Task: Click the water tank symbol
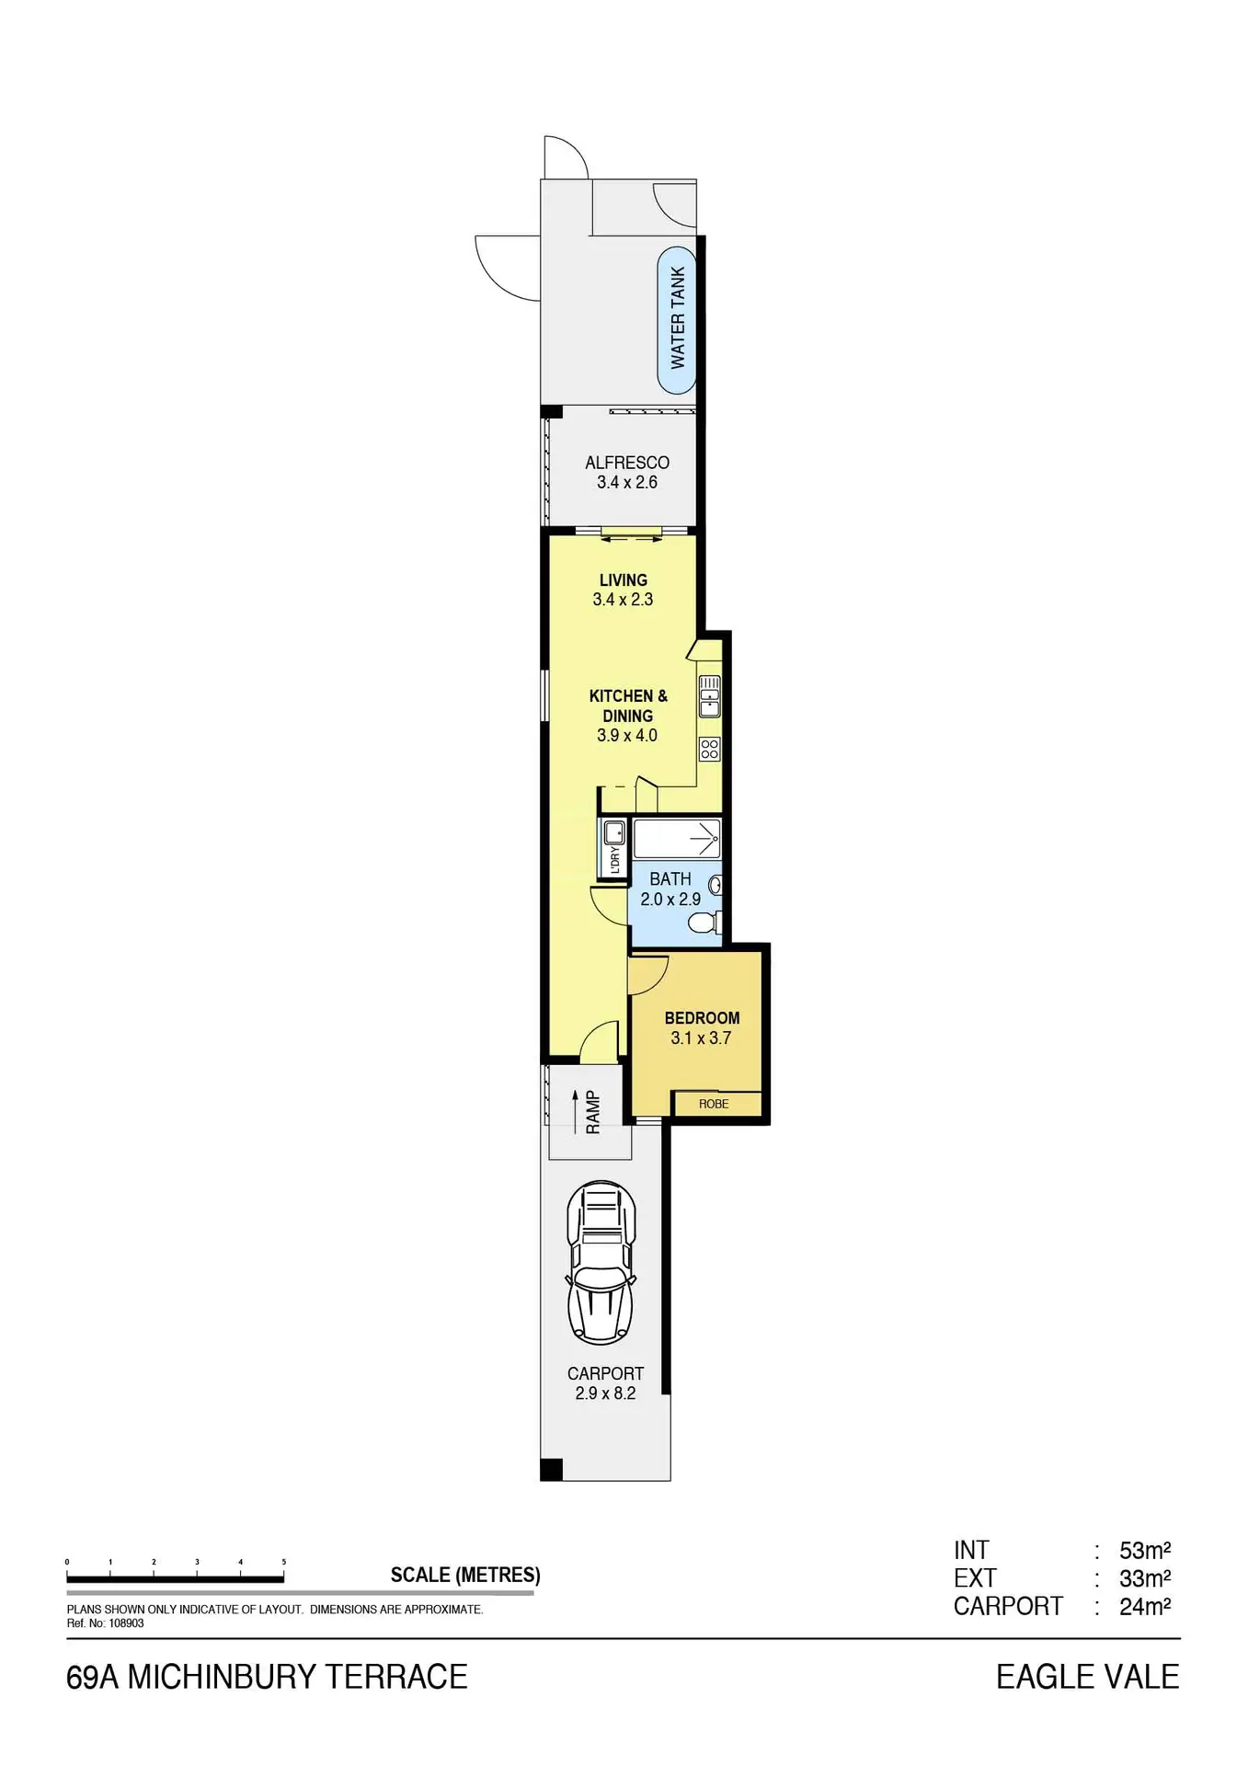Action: [677, 319]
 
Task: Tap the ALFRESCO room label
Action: [627, 463]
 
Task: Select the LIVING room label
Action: [624, 579]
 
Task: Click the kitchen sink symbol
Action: [709, 696]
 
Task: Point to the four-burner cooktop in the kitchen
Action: [709, 749]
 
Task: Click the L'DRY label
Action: [615, 860]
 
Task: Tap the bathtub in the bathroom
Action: [677, 839]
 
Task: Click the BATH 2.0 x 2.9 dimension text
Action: [670, 900]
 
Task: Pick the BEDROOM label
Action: [702, 1018]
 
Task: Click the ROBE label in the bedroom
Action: [714, 1104]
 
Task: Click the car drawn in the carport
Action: [602, 1261]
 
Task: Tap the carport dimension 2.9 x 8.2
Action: [605, 1393]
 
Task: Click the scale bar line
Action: [175, 1579]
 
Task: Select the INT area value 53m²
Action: [1145, 1551]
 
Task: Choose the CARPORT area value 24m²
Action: [1145, 1607]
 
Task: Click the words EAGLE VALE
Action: [1088, 1677]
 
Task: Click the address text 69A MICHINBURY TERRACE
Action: [267, 1677]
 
